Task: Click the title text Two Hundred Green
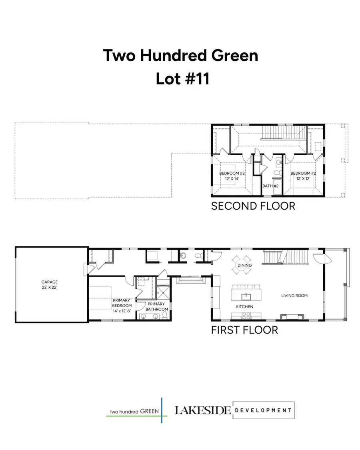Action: coord(180,55)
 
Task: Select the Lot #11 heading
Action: coord(182,79)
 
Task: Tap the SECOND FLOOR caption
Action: coord(253,206)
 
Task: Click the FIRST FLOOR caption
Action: coord(244,330)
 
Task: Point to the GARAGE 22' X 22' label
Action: coord(50,284)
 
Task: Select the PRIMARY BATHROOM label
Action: coord(154,306)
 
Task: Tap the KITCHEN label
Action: coord(244,306)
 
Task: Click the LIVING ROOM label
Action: coord(294,296)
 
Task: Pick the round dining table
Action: coord(244,265)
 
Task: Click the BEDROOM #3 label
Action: coord(232,176)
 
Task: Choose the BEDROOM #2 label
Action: coord(303,176)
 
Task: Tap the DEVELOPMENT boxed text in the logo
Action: coord(263,410)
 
